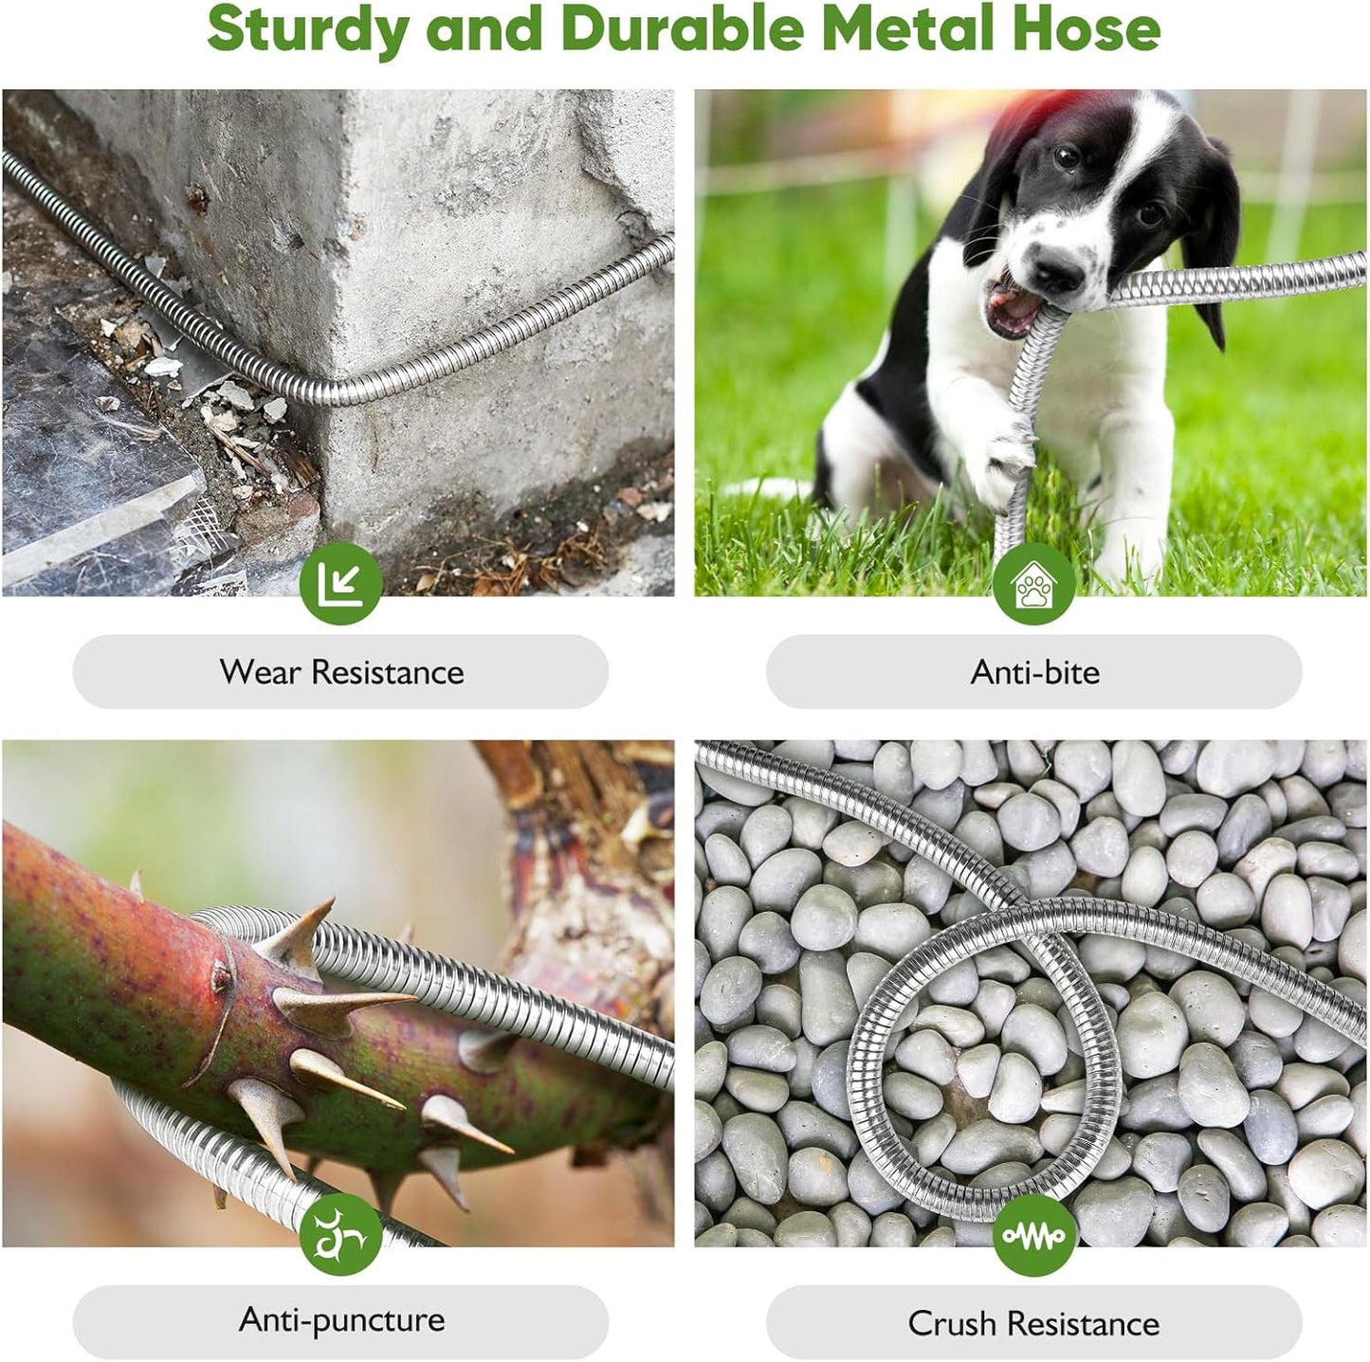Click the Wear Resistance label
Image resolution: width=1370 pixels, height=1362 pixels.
tap(341, 672)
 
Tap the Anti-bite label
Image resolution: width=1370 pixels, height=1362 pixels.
tap(1034, 672)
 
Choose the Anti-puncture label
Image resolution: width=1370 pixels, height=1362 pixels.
tap(341, 1319)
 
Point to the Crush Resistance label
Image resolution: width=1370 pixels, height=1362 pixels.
tap(1033, 1322)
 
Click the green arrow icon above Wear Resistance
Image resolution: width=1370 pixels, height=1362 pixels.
tap(340, 584)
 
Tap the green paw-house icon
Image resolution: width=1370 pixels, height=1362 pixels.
tap(1033, 584)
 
